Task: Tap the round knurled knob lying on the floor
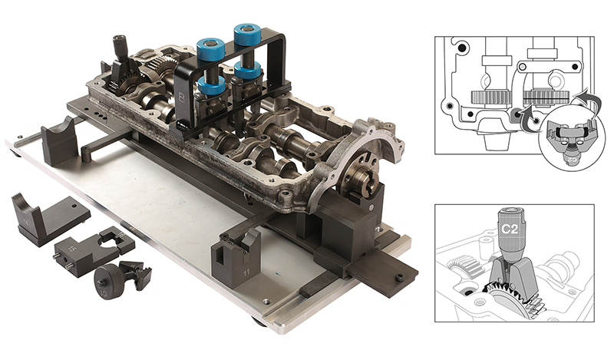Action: [x=107, y=283]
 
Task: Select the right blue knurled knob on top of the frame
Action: [x=248, y=35]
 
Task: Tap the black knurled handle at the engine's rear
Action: [x=120, y=45]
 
